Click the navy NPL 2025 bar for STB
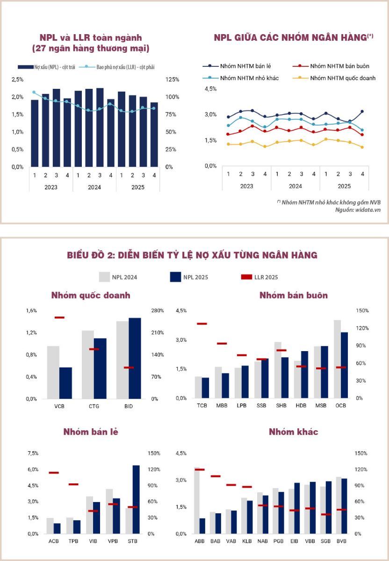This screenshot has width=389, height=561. click(x=136, y=499)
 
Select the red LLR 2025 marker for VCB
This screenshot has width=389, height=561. click(x=59, y=318)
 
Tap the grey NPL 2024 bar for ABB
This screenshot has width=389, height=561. click(x=197, y=500)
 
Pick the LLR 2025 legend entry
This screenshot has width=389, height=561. click(x=259, y=277)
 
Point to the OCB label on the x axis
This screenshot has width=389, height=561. click(x=340, y=406)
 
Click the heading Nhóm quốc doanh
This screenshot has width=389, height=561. click(x=91, y=295)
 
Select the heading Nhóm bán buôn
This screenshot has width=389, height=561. click(x=294, y=295)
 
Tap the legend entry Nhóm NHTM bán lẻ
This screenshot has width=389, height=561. click(x=242, y=66)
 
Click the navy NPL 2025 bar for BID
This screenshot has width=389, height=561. click(x=135, y=358)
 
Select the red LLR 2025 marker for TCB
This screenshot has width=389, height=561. click(x=202, y=324)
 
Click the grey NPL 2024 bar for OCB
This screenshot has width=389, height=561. click(x=338, y=359)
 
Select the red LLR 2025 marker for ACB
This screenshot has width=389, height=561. click(x=54, y=473)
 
